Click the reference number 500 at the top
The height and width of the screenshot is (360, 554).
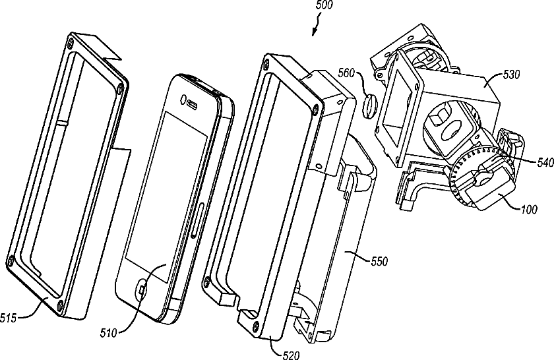coord(324,5)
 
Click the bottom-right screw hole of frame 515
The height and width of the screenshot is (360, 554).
coord(61,305)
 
